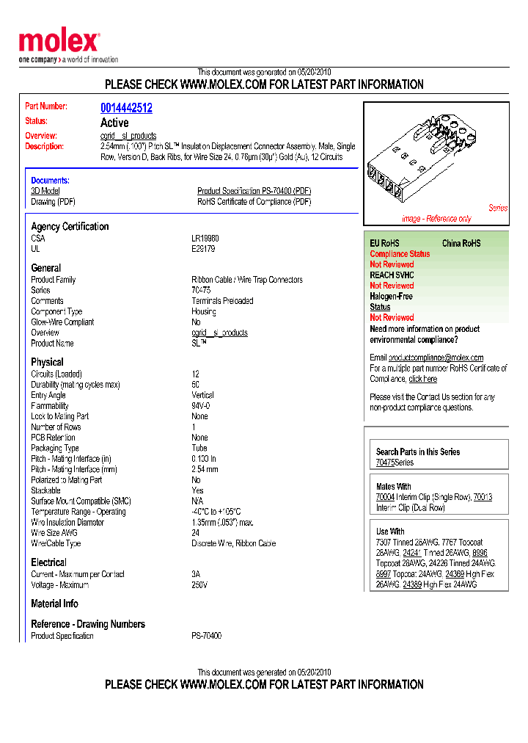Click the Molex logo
(59, 43)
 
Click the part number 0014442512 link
(126, 108)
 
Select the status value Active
(114, 123)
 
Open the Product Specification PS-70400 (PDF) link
(254, 191)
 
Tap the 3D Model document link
(45, 191)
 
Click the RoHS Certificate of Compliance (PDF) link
(254, 202)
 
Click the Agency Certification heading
(70, 226)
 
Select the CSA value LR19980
(205, 239)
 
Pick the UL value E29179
(203, 249)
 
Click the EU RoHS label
(384, 243)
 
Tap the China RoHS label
(461, 243)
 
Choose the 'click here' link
(423, 379)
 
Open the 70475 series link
(385, 463)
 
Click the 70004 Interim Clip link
(385, 497)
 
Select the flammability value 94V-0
(201, 406)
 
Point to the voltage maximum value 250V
(199, 585)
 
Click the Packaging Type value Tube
(199, 448)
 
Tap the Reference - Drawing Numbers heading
(88, 624)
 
